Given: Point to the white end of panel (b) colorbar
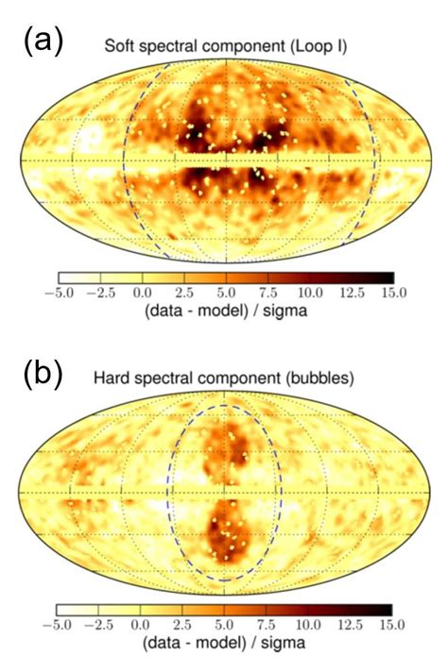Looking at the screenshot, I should tap(63, 609).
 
